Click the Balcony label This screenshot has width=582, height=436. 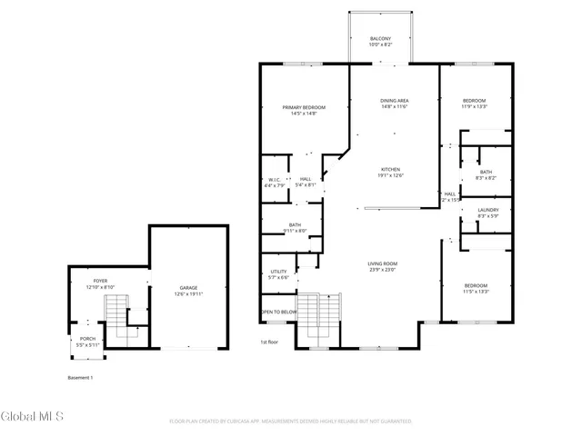(x=381, y=41)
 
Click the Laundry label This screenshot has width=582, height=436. (x=488, y=213)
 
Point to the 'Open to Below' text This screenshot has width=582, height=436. (x=279, y=312)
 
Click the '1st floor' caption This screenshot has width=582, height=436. (x=269, y=342)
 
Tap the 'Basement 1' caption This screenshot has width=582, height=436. (x=81, y=377)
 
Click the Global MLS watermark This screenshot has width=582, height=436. (x=33, y=417)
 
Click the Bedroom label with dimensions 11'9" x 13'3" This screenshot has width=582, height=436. (x=474, y=103)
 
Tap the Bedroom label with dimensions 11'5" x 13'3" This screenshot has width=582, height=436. (x=476, y=289)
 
